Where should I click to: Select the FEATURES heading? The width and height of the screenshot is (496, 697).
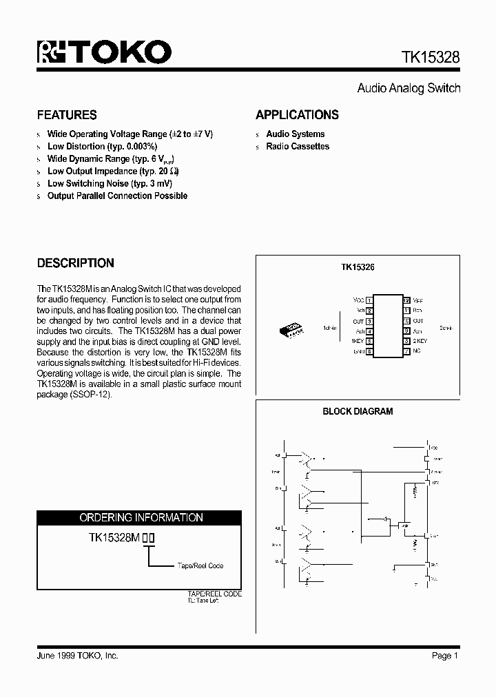coord(67,115)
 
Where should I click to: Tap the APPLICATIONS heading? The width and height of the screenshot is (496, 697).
coord(297,115)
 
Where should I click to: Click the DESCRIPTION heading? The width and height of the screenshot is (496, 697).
coord(75,263)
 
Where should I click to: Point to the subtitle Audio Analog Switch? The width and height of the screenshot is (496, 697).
coord(409,88)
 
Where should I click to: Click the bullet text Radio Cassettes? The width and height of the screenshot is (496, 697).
coord(298,147)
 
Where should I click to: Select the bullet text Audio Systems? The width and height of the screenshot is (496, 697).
coord(295,134)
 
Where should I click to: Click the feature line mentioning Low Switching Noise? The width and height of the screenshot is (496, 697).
coord(110,184)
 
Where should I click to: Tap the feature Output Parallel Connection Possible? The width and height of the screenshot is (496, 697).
coord(117,196)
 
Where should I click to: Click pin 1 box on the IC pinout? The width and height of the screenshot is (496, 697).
coord(369,301)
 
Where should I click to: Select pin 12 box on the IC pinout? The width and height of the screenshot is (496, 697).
coord(406,301)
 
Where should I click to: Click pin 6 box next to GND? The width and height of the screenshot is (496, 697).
coord(369,352)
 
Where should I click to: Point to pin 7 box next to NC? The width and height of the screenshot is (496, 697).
coord(406,352)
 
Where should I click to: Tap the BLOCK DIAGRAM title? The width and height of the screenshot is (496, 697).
coord(358,412)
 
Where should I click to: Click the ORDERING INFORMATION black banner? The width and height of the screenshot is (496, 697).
coord(140,517)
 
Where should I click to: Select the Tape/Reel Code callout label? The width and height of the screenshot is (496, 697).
coord(200,566)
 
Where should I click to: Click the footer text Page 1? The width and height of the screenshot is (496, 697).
coord(445,656)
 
